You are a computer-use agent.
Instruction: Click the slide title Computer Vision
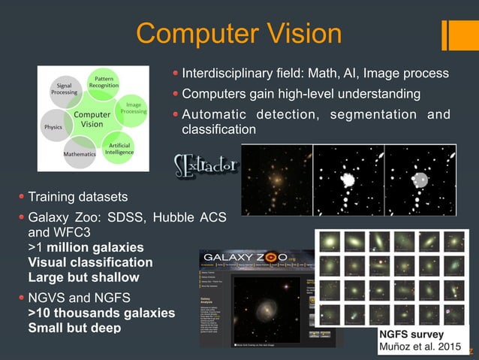coord(239,33)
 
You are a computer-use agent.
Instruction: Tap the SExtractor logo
coord(206,165)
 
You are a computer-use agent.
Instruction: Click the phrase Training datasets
coord(78,197)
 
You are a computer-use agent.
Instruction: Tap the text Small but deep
coord(74,328)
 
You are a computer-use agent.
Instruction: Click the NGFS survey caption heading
coord(411,334)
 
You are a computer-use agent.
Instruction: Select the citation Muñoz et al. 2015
coord(420,346)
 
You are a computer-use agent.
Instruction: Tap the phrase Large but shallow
coord(83,277)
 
